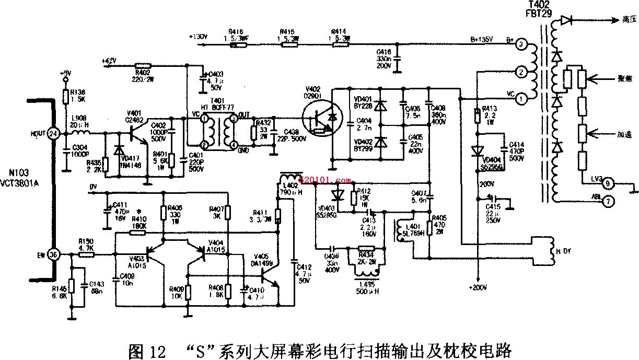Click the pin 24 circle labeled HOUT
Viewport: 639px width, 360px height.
click(x=52, y=133)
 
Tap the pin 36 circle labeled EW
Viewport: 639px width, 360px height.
click(x=52, y=254)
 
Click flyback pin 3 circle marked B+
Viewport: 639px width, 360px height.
click(x=520, y=45)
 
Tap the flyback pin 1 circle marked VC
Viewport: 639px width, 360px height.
click(x=520, y=98)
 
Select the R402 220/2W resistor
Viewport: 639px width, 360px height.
click(x=141, y=65)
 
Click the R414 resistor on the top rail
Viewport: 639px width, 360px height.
click(x=340, y=44)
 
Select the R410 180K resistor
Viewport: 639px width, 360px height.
click(x=137, y=233)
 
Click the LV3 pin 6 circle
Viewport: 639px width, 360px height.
click(x=608, y=184)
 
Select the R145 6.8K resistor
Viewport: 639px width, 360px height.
click(x=71, y=286)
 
